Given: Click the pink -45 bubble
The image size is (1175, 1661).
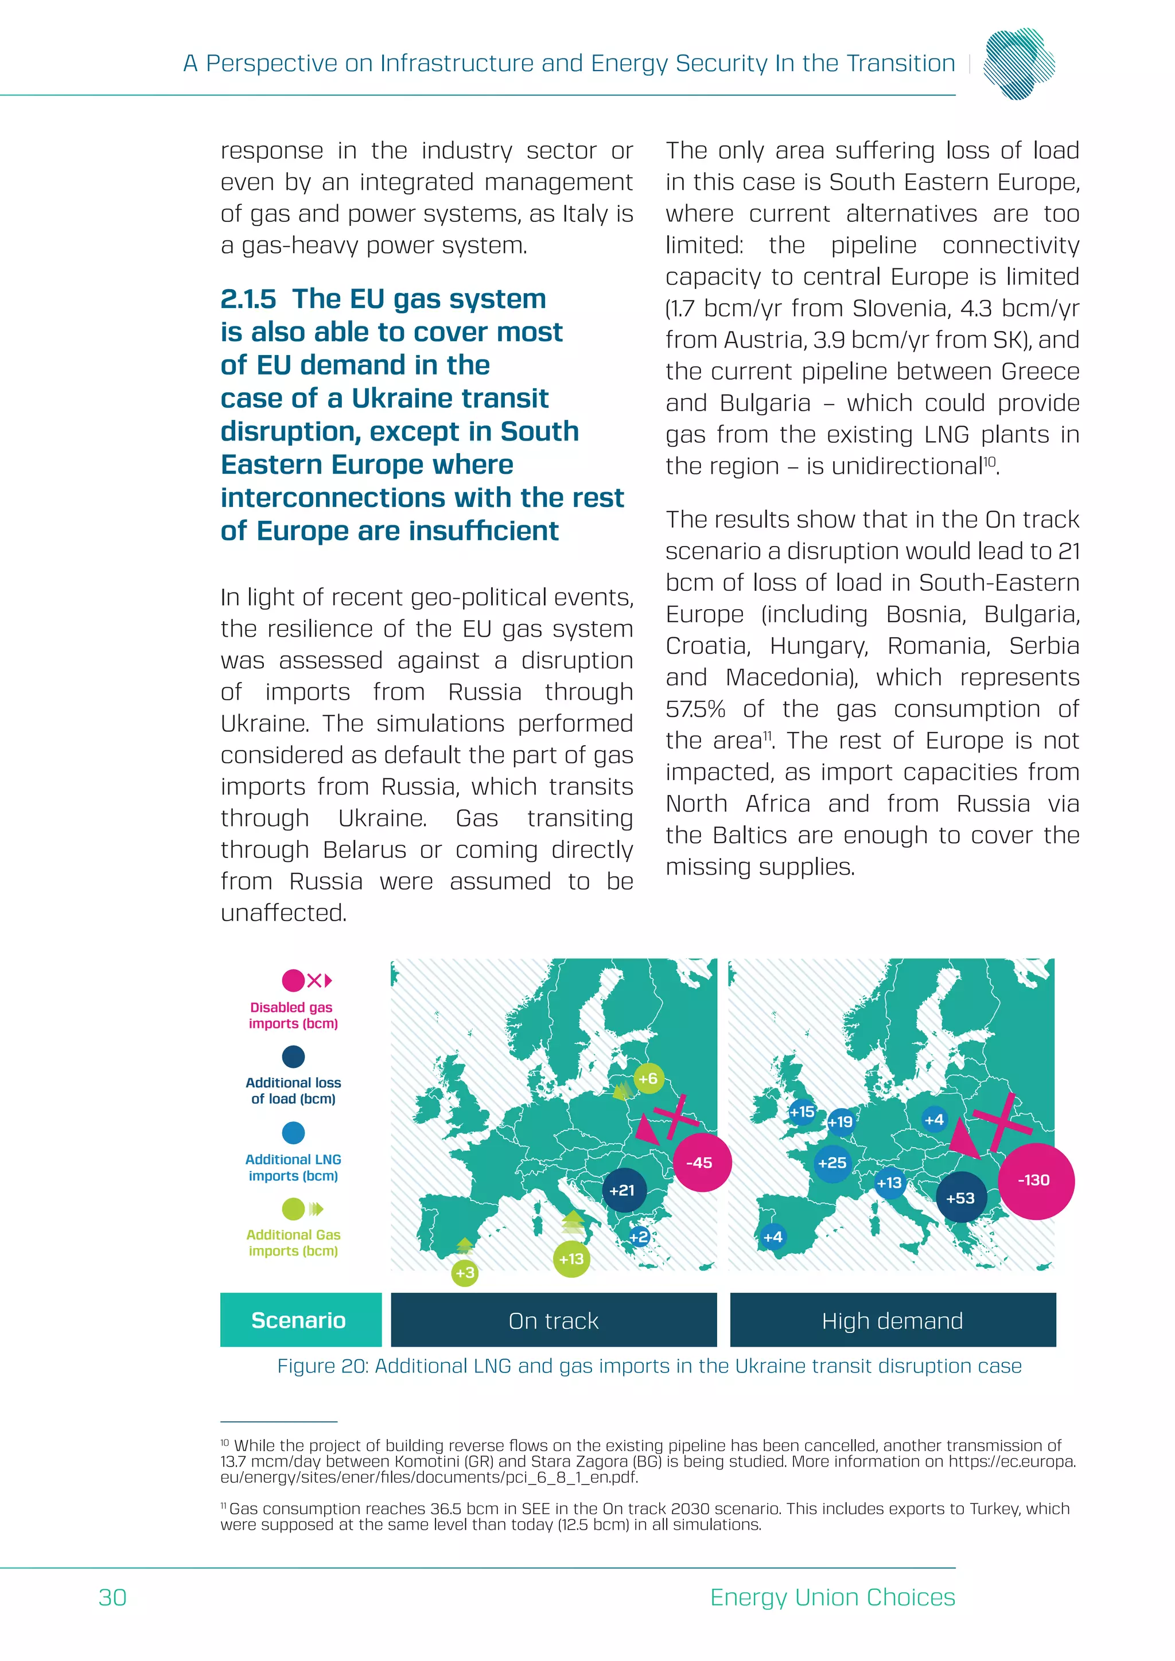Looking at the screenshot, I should coord(702,1163).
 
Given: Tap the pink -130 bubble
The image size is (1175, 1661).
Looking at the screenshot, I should coord(1036,1180).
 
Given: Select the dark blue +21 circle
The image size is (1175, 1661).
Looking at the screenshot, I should coord(623,1190).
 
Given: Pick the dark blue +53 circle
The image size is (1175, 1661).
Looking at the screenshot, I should coord(961,1198).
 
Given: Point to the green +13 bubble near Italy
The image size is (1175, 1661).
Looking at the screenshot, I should coord(571,1259).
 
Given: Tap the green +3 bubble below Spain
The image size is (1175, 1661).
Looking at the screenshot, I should coord(465,1273).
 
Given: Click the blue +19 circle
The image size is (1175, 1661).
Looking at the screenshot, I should coord(841,1121).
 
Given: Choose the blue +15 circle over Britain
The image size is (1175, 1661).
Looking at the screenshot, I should coord(802,1111).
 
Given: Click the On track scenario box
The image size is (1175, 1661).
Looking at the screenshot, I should coord(554,1320).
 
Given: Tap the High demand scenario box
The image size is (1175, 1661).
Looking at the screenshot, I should coord(892,1320).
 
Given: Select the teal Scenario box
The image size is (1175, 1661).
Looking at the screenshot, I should coord(299,1320).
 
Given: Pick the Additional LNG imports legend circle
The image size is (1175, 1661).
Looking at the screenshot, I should coord(293,1133).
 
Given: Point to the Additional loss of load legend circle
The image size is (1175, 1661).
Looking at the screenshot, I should coord(293,1057).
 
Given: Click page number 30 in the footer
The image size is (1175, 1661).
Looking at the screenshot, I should coord(113,1597).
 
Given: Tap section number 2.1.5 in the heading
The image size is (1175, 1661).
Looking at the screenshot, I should coord(248,299).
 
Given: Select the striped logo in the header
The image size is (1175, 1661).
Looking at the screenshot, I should coord(1019,63).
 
